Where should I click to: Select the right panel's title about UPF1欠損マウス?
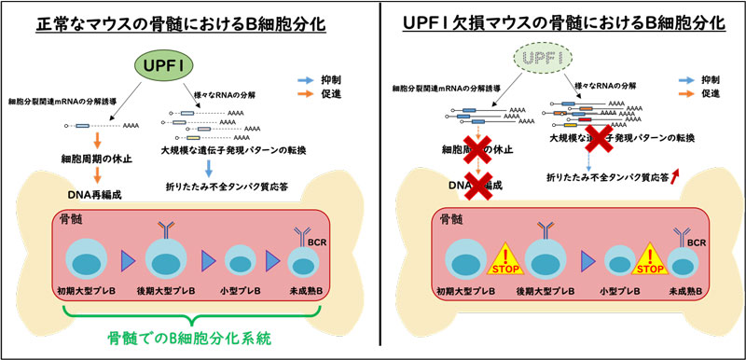(562, 21)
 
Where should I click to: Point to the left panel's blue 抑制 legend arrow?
(311, 81)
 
